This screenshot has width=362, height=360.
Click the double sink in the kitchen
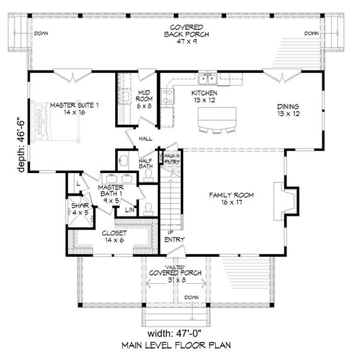pyautogui.click(x=207, y=79)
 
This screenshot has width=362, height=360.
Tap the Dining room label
pyautogui.click(x=287, y=110)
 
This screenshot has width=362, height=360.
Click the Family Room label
pyautogui.click(x=231, y=200)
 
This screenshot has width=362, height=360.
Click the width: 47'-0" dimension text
pyautogui.click(x=181, y=332)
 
